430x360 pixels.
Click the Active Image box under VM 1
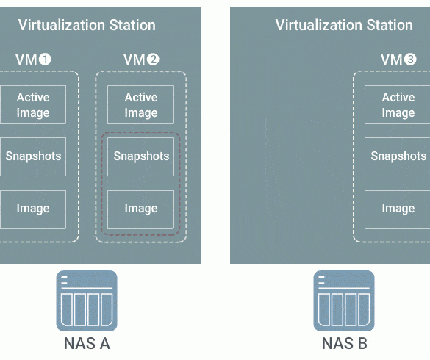(33, 105)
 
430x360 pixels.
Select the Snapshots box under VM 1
(33, 156)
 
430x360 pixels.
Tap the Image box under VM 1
(33, 209)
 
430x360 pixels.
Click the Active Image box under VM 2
(140, 105)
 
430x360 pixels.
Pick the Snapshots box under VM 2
(140, 156)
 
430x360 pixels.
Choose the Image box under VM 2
(140, 209)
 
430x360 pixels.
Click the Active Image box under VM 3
(398, 105)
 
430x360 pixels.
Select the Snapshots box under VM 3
(398, 156)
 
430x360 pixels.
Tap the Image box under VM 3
(398, 209)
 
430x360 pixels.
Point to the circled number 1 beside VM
(45, 60)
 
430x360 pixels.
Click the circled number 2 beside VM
(153, 60)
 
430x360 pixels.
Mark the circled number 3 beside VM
(410, 60)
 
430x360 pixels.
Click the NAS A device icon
(87, 300)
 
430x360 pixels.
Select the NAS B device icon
(344, 300)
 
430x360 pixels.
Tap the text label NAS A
(87, 343)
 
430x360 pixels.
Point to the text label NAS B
(345, 343)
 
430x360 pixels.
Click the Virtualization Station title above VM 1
(87, 25)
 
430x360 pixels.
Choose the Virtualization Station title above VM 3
(344, 25)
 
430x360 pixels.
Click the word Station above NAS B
(390, 25)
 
